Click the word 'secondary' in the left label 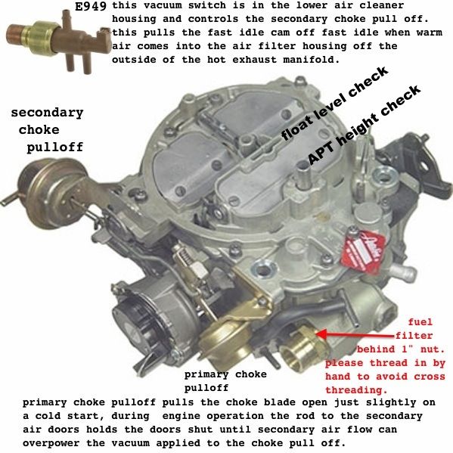point(47,113)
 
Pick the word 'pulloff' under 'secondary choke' point(54,147)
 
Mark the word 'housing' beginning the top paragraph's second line point(135,21)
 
